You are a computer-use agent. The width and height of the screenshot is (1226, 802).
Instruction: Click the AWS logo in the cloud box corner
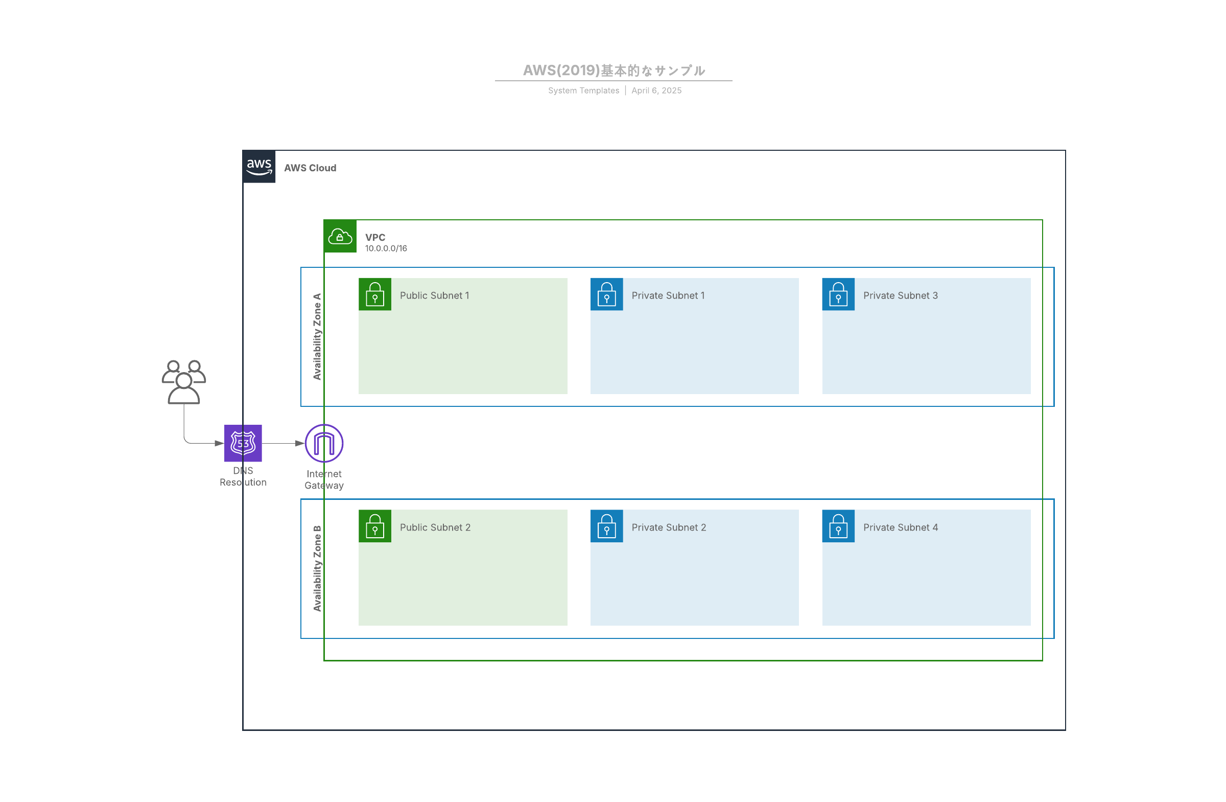[x=258, y=167]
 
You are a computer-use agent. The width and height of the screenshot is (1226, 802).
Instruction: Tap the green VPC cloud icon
[x=340, y=236]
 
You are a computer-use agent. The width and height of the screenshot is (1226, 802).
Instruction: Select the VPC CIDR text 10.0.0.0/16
[x=386, y=248]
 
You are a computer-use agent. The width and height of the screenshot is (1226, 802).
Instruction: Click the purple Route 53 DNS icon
[x=243, y=443]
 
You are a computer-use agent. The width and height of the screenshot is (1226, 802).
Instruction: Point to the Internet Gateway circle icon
[x=324, y=443]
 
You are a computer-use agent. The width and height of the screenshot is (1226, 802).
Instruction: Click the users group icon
[x=184, y=382]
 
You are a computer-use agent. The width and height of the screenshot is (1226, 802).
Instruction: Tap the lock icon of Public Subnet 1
[x=375, y=294]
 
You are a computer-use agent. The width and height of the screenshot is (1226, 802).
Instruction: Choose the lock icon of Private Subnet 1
[x=607, y=294]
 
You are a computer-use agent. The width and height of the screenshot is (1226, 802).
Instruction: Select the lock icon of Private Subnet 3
[x=839, y=294]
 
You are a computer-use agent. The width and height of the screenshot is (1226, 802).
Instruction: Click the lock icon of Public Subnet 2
[x=375, y=526]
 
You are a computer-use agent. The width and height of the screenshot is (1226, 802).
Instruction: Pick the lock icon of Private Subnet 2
[x=607, y=526]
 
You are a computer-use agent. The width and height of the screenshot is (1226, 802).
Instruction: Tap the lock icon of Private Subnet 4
[x=839, y=526]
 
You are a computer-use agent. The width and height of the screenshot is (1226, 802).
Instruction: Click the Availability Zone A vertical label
[x=317, y=336]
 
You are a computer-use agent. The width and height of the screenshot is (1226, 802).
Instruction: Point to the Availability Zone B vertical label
[x=317, y=568]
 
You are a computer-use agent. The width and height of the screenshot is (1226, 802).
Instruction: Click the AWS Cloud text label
[x=310, y=168]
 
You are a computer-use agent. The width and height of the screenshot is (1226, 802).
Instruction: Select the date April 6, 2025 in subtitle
[x=657, y=90]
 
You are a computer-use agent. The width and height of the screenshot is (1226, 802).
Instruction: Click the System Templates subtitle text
[x=584, y=90]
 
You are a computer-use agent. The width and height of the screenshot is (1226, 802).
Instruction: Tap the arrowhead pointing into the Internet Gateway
[x=300, y=443]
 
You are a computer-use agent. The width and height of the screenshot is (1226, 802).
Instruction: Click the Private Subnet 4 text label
[x=901, y=528]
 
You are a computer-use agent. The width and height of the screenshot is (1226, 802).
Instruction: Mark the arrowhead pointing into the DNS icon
[x=220, y=443]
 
